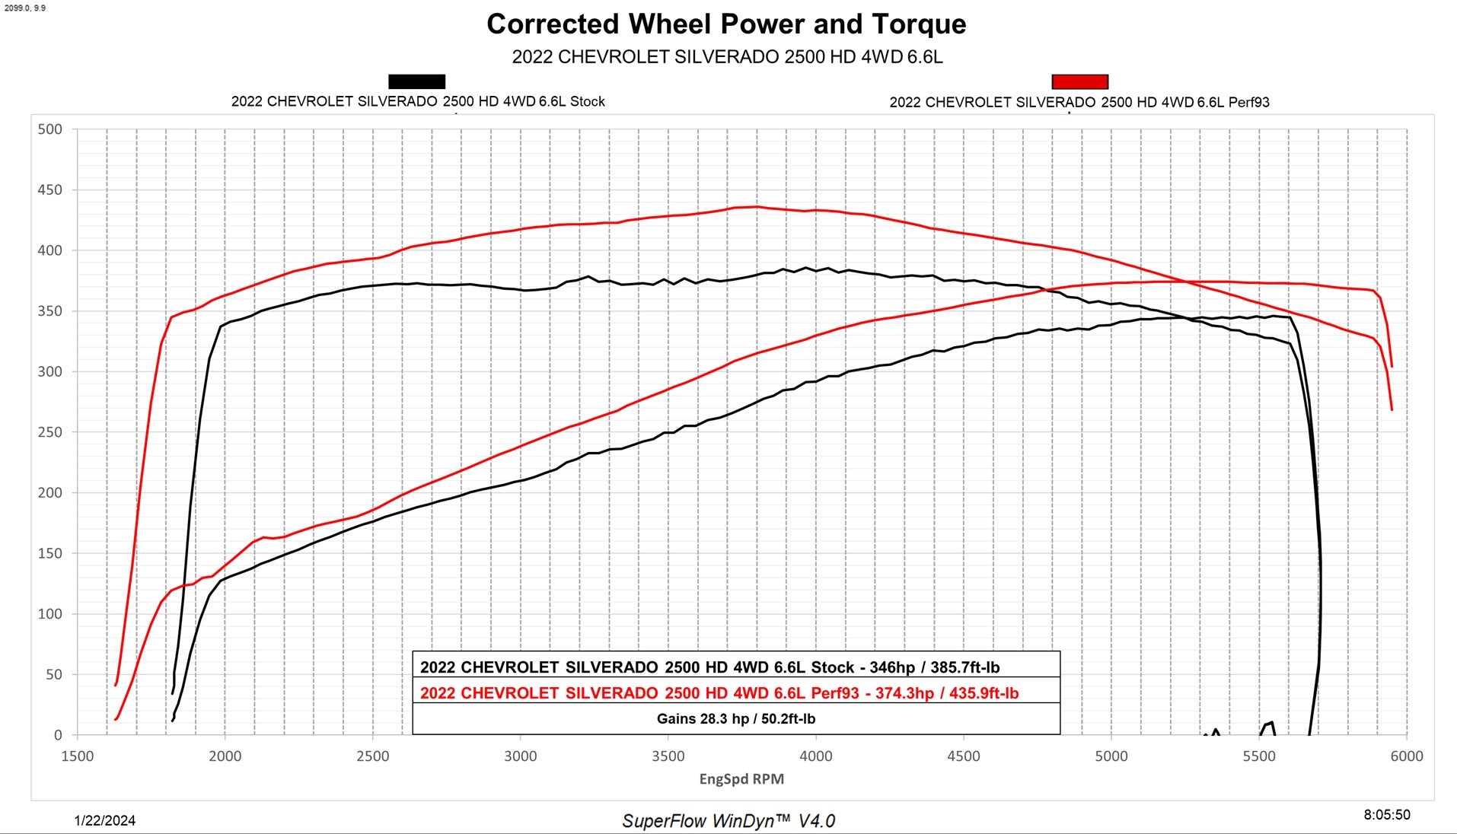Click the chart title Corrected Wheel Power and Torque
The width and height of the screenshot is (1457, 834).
coord(726,24)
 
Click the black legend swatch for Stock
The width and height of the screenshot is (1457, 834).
coord(416,81)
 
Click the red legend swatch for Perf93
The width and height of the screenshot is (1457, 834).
coord(1079,81)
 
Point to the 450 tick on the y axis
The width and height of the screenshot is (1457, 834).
coord(50,189)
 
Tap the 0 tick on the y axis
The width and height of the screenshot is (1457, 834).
coord(58,735)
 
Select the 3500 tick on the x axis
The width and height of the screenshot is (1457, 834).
coord(668,756)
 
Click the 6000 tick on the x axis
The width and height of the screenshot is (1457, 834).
coord(1406,756)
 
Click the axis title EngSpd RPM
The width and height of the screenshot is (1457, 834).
coord(741,779)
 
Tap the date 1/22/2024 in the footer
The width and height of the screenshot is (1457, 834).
coord(105,820)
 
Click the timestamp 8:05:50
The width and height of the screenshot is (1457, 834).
coord(1387,815)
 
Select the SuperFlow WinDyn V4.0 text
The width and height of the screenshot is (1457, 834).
coord(728,821)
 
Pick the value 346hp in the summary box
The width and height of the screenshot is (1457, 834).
coord(891,667)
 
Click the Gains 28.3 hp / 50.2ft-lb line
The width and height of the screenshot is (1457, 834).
coord(736,718)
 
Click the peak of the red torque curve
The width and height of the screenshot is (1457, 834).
coord(755,206)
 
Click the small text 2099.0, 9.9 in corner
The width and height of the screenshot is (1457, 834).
coord(24,8)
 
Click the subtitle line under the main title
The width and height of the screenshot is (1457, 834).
coord(727,57)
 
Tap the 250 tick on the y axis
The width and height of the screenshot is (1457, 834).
coord(50,432)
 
